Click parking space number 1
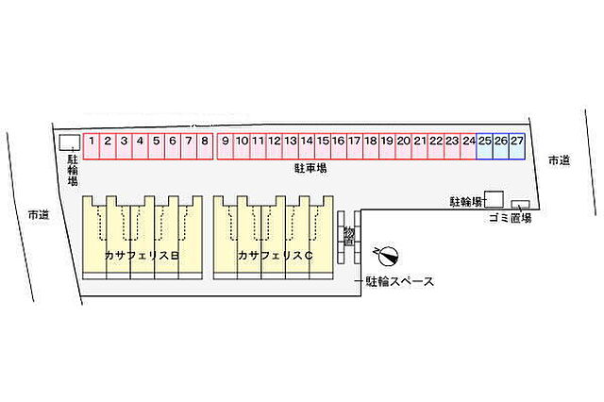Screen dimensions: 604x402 (92, 146)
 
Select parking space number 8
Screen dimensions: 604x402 (205, 146)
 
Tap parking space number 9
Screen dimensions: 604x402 (226, 146)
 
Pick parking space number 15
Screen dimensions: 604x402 (323, 146)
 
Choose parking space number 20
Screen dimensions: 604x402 (403, 146)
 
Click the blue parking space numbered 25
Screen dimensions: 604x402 (484, 146)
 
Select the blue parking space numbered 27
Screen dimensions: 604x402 (517, 146)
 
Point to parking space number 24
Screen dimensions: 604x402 (468, 146)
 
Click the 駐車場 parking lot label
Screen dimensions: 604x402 (310, 168)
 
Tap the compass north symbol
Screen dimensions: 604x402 (388, 256)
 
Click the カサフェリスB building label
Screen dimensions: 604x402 (142, 256)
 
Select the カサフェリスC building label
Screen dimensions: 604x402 (275, 256)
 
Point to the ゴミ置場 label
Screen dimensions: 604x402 (510, 218)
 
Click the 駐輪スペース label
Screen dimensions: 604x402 (399, 281)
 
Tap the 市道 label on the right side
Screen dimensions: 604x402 (559, 160)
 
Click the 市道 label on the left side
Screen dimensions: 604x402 (39, 215)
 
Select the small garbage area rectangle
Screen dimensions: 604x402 (520, 205)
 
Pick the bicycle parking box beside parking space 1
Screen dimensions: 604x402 (70, 142)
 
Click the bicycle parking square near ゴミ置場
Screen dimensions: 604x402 (494, 199)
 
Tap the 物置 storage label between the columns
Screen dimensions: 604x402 (348, 237)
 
